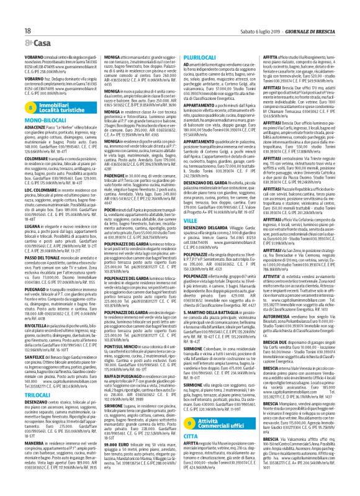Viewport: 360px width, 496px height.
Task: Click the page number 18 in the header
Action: pos(12,12)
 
